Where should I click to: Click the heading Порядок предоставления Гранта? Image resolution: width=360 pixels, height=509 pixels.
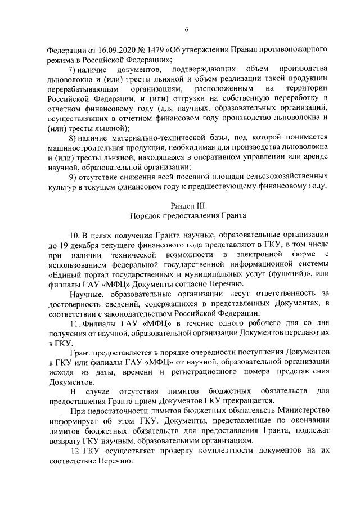click(x=185, y=215)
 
